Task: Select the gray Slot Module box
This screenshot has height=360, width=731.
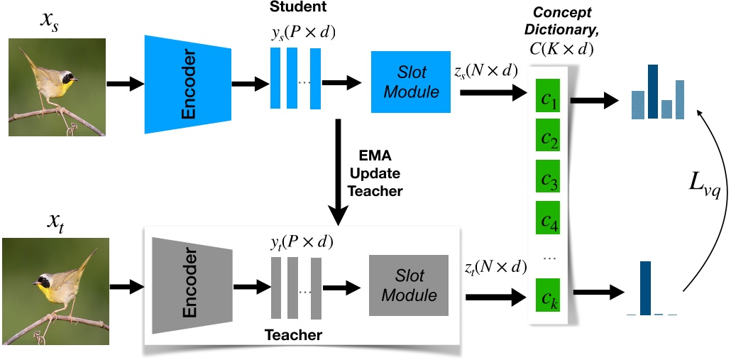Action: point(409,285)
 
